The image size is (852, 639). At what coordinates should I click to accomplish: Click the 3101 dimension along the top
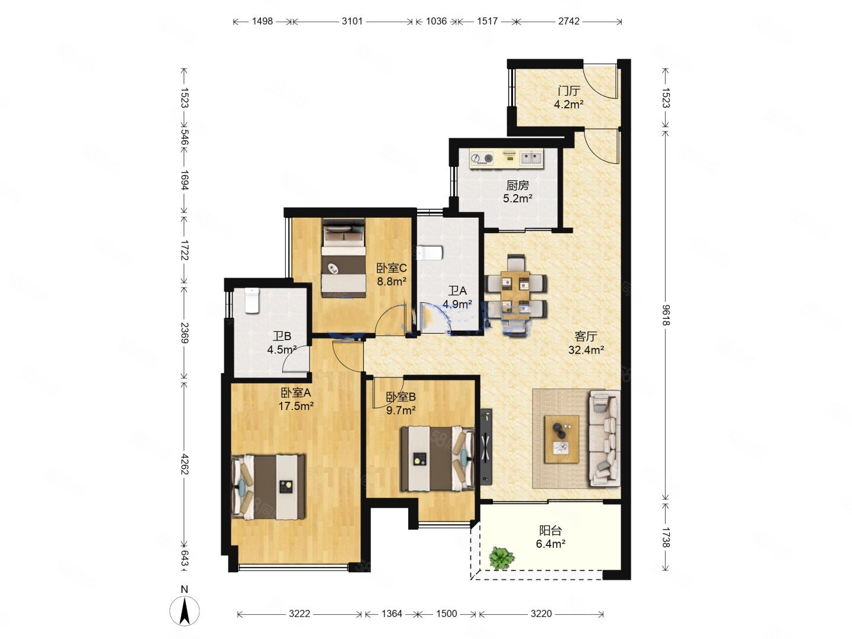click(x=351, y=21)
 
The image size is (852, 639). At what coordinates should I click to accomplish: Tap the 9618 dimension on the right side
click(x=665, y=315)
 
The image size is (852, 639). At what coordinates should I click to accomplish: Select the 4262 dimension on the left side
click(x=184, y=464)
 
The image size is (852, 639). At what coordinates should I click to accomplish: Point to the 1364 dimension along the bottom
click(x=391, y=614)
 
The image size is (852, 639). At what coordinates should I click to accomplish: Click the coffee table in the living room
click(x=561, y=439)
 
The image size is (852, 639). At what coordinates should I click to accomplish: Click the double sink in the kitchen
click(x=531, y=158)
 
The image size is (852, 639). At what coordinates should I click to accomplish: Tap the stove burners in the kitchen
click(x=482, y=158)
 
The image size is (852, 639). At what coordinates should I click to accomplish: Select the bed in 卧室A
click(x=268, y=488)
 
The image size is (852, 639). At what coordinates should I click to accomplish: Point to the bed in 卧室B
click(x=437, y=459)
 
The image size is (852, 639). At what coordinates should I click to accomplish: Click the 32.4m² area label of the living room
click(x=586, y=350)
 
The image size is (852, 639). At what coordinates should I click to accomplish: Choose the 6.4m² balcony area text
click(x=550, y=544)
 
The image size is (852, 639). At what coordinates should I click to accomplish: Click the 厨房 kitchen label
click(x=517, y=185)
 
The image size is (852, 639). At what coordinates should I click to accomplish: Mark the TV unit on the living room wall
click(x=486, y=447)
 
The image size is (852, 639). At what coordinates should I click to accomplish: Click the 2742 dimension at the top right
click(x=569, y=21)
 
